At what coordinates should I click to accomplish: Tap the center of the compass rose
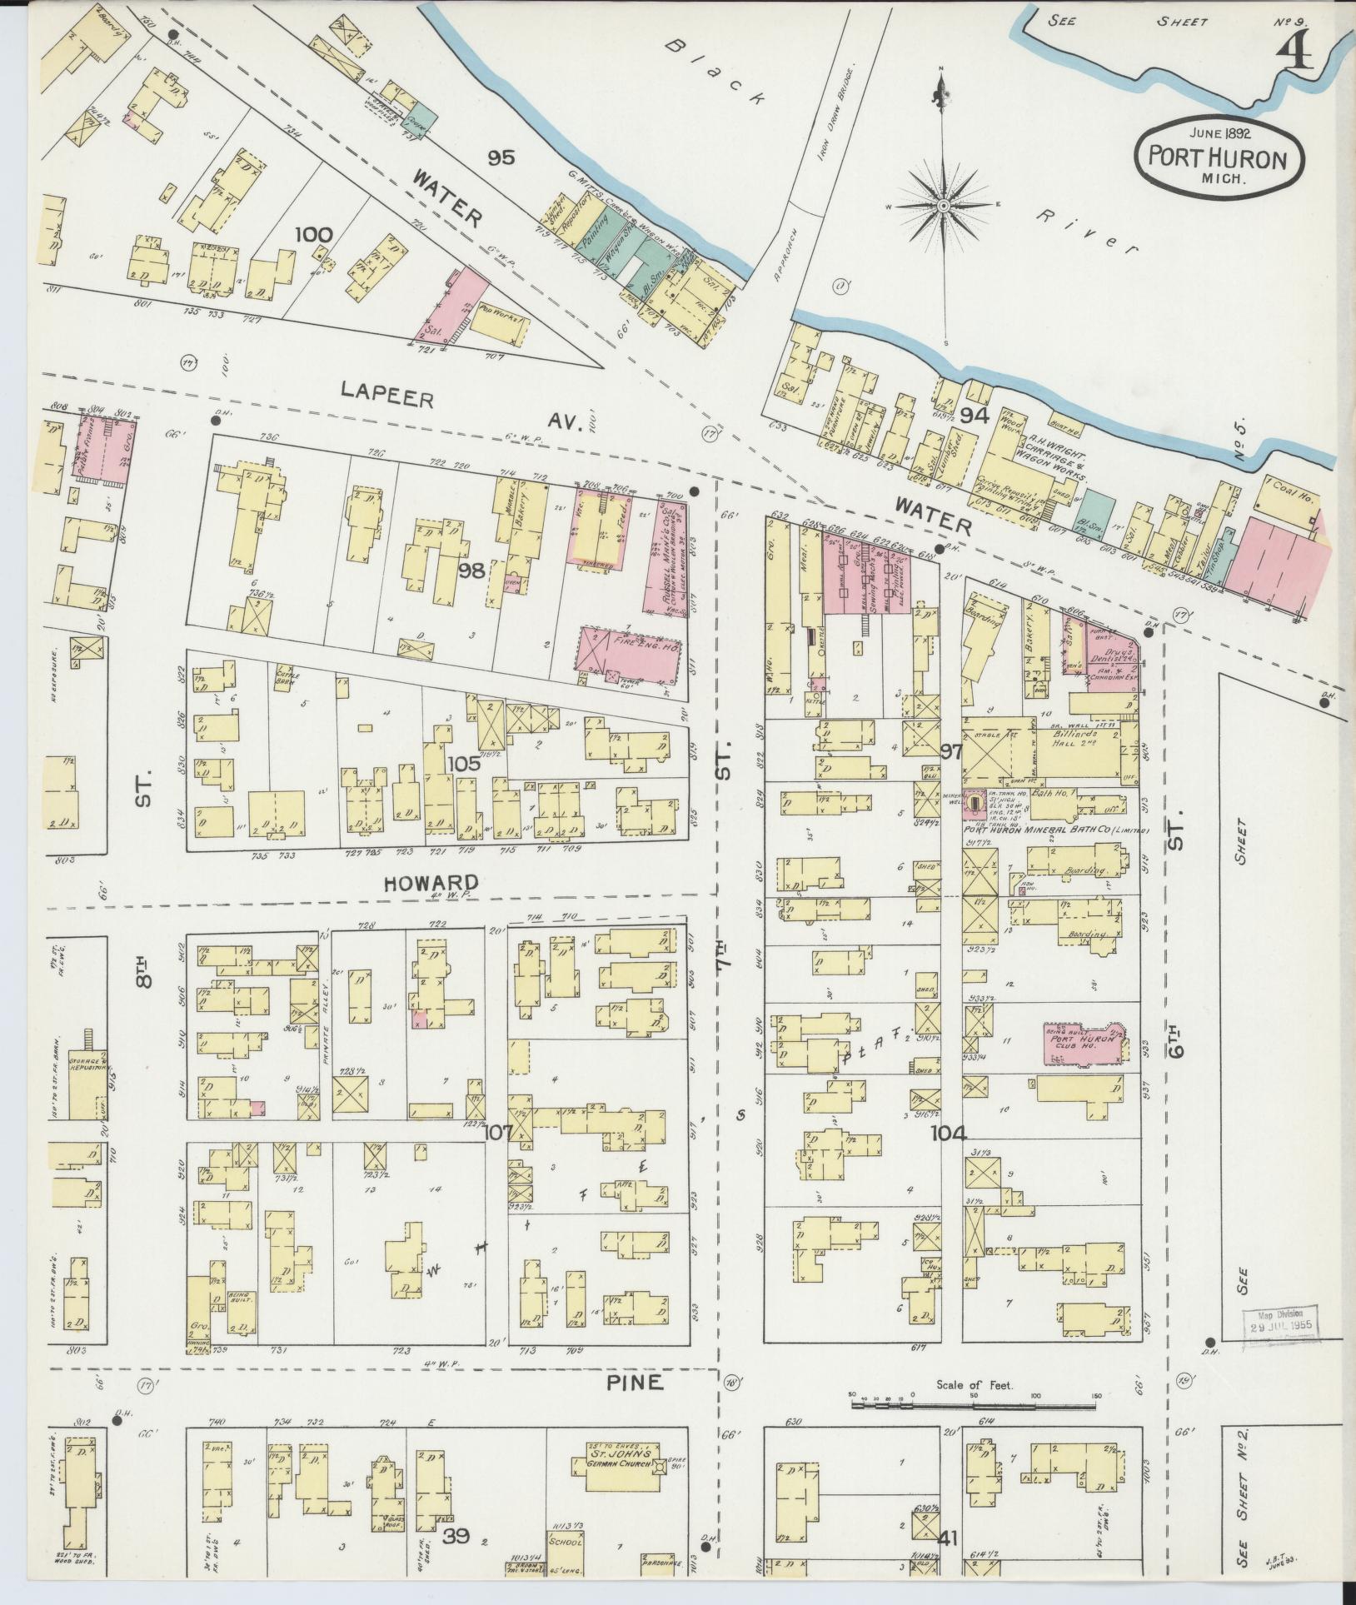[x=944, y=205]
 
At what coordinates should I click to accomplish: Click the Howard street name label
[x=431, y=883]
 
